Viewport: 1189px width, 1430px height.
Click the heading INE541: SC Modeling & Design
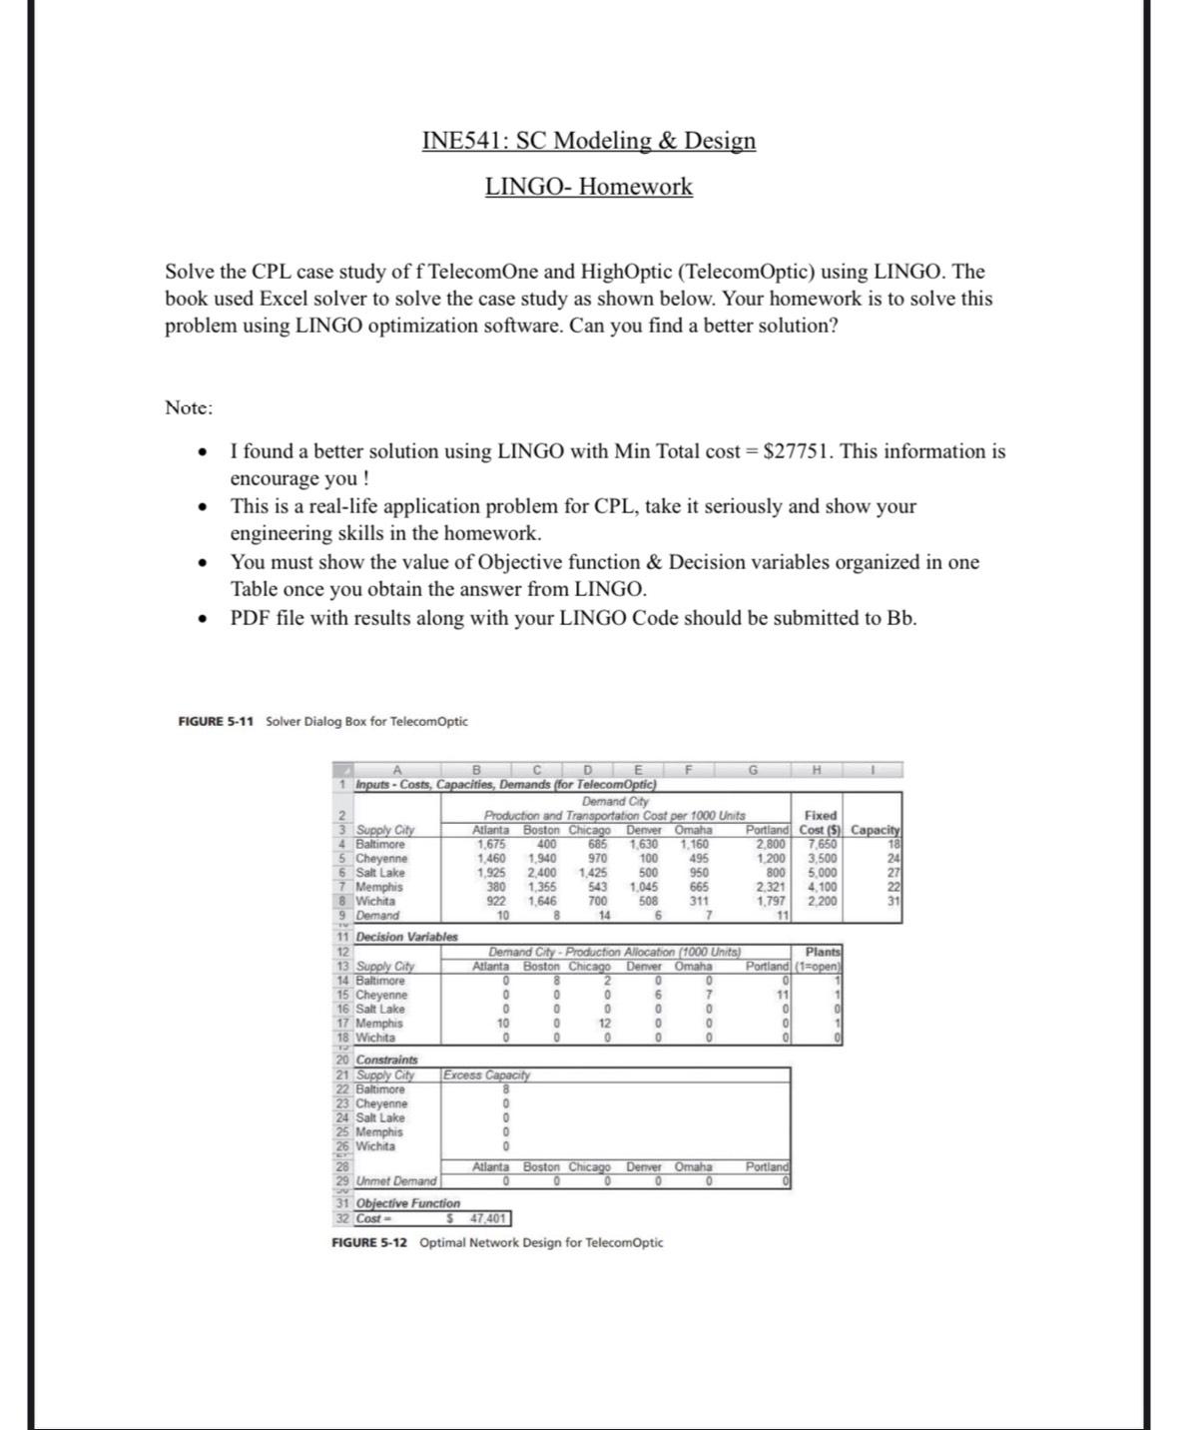(589, 141)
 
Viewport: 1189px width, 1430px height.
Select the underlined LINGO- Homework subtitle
(589, 187)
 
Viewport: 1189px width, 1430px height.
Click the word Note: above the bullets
(189, 407)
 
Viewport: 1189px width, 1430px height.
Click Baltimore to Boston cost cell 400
(545, 845)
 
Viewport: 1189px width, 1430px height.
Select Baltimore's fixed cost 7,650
(821, 845)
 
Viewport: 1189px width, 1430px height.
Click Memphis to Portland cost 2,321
(770, 887)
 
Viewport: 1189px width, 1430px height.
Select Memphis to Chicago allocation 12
(603, 1024)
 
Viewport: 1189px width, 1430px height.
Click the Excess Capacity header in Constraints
(486, 1075)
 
